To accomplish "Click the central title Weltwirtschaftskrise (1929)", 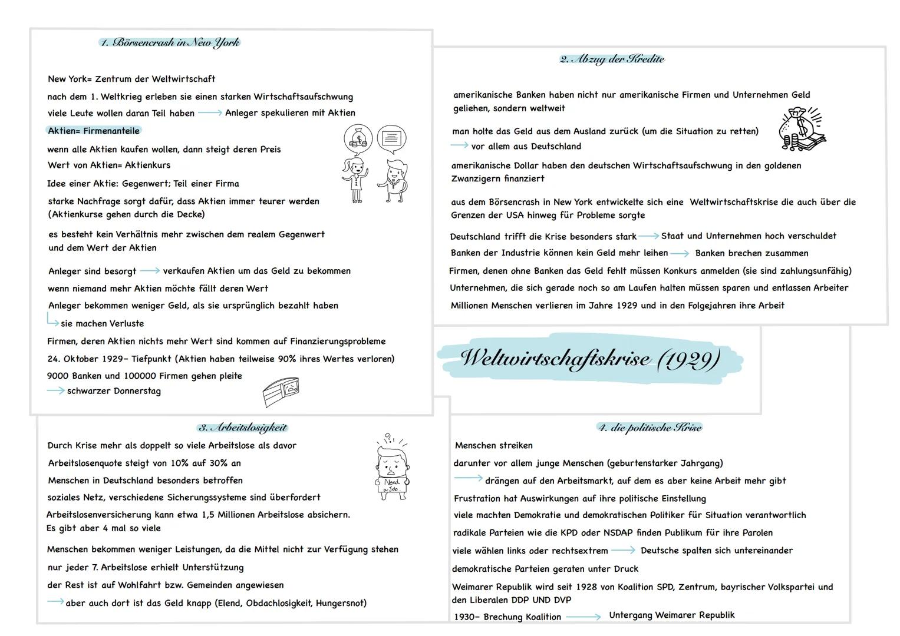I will pyautogui.click(x=589, y=358).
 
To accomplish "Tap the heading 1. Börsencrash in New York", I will pyautogui.click(x=170, y=42).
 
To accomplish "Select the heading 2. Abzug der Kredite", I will pyautogui.click(x=612, y=59).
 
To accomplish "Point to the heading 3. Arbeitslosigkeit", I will pyautogui.click(x=242, y=428).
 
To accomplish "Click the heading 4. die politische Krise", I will pyautogui.click(x=650, y=428).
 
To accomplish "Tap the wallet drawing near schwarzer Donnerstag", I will pyautogui.click(x=281, y=392).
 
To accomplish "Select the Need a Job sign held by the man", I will pyautogui.click(x=391, y=485).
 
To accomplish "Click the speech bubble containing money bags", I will pyautogui.click(x=358, y=139).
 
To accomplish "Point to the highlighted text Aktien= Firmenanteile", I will pyautogui.click(x=94, y=131).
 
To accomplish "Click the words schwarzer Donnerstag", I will pyautogui.click(x=114, y=391).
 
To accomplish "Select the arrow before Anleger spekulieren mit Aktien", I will pyautogui.click(x=209, y=112).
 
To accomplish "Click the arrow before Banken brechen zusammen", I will pyautogui.click(x=679, y=254).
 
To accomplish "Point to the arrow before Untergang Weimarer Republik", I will pyautogui.click(x=583, y=617).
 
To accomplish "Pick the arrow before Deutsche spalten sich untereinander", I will pyautogui.click(x=623, y=551).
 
